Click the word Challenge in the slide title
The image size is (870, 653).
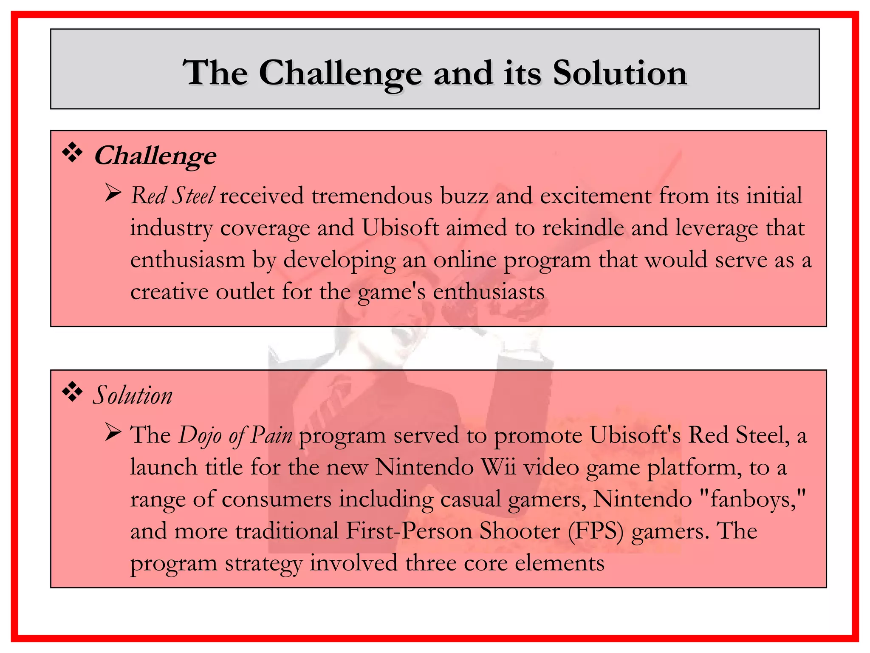340,73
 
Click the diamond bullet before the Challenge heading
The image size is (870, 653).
73,153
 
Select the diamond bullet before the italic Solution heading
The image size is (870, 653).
73,393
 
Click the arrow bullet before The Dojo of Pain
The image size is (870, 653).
113,433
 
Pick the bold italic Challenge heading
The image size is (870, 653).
155,156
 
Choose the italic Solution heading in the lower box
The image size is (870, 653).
133,395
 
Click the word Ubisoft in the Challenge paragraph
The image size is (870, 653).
400,228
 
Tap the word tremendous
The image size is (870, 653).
372,196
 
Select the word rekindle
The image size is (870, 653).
583,228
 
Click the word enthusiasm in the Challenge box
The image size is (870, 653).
188,260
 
